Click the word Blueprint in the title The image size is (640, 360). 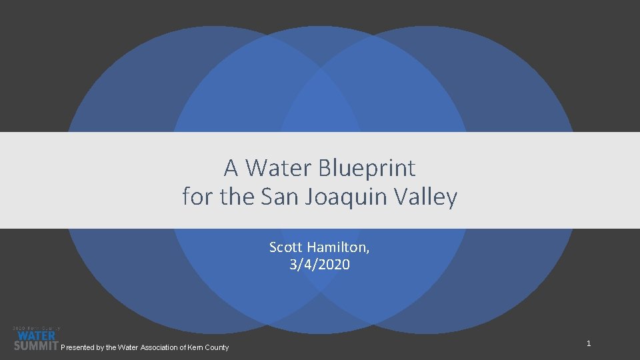(367, 168)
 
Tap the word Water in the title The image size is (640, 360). (279, 168)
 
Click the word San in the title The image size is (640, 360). (278, 197)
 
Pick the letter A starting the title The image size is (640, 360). (231, 168)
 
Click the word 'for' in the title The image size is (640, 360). (195, 197)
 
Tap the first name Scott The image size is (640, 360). (285, 247)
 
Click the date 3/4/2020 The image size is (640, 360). (319, 265)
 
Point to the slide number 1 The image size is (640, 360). (589, 343)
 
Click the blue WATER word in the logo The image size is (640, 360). (36, 336)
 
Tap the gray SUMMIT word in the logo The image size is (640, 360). (36, 345)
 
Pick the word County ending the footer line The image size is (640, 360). (217, 347)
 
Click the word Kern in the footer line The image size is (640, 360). (196, 347)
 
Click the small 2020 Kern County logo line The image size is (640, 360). (36, 328)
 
